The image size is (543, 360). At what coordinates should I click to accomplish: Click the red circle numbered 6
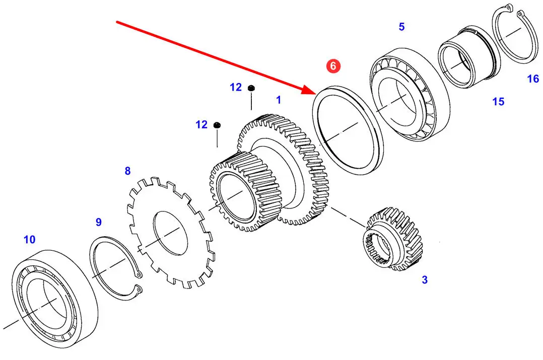333,66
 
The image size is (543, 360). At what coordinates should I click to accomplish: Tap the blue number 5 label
402,27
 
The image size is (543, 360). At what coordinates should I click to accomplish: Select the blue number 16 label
533,79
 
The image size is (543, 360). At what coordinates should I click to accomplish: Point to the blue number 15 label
498,102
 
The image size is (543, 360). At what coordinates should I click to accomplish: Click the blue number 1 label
279,100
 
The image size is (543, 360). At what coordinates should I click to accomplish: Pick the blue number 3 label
425,280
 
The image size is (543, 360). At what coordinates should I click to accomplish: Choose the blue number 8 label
128,171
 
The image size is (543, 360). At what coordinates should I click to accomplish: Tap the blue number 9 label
99,222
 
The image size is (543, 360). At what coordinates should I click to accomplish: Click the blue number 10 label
29,240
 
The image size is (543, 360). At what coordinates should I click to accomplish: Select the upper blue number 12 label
236,87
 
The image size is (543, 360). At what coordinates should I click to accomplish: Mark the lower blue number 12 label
201,125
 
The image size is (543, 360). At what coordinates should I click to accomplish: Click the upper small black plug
251,88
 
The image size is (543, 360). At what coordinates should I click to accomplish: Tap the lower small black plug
217,125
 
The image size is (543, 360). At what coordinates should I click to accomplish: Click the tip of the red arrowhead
315,94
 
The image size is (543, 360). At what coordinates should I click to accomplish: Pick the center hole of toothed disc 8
170,234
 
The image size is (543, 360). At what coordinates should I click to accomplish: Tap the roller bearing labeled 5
410,95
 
